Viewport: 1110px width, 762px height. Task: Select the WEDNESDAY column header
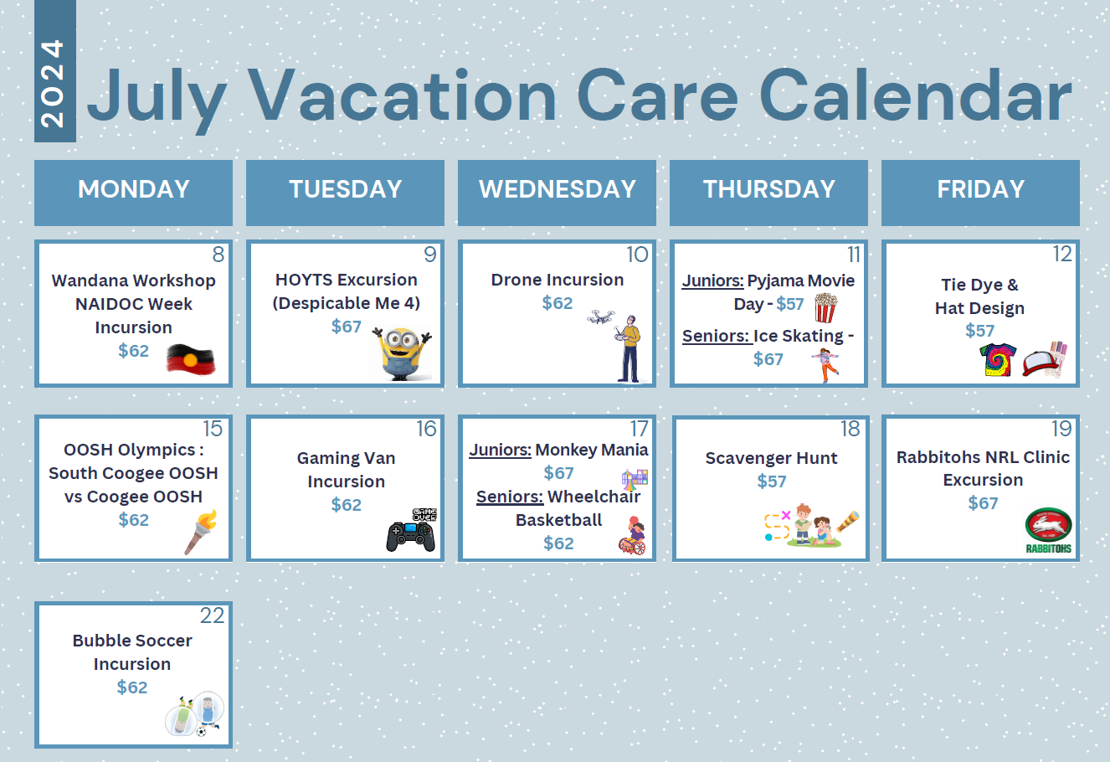557,189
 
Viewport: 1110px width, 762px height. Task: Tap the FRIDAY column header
980,189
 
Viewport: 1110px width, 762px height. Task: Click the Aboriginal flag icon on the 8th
190,359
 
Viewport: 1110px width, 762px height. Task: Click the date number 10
637,255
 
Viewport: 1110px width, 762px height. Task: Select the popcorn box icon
825,308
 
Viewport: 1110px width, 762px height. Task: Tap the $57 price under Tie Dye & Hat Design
979,331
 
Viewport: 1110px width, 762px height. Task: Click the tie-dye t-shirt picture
998,360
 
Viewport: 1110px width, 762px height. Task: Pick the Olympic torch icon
201,532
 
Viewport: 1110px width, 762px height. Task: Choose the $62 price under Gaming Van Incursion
346,505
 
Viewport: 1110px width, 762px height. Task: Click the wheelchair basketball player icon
633,536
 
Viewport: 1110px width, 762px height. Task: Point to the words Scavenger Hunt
771,458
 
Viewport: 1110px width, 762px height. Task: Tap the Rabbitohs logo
1048,530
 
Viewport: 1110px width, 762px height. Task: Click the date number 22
212,615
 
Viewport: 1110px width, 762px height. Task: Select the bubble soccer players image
196,713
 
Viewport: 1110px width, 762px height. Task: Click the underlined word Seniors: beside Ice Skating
716,336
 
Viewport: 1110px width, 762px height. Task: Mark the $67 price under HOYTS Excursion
346,327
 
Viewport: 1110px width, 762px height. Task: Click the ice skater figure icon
825,365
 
